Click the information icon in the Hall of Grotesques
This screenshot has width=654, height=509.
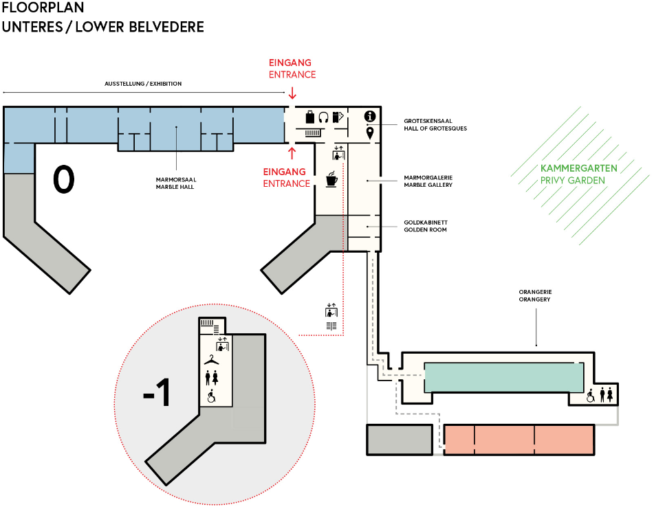pos(369,116)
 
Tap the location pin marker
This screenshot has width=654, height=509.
pos(370,133)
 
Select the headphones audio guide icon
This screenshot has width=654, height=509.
pos(323,117)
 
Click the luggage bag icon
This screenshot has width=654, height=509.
pos(310,117)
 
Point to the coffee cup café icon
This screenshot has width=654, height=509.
pos(331,179)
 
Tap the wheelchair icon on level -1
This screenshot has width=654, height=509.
pos(212,396)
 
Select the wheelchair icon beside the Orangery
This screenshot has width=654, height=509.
pos(590,396)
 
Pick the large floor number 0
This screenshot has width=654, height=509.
pos(63,179)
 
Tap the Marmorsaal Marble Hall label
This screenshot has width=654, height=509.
pos(176,182)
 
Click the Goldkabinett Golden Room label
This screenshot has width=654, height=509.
pos(425,226)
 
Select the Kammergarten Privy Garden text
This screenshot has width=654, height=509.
pos(578,174)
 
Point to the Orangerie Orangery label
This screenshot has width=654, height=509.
pos(534,296)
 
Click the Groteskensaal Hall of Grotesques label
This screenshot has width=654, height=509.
pos(435,124)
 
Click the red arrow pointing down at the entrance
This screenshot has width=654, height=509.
pos(292,93)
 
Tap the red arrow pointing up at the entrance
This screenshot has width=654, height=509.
pos(292,152)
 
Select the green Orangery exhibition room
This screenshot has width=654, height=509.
pos(504,377)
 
